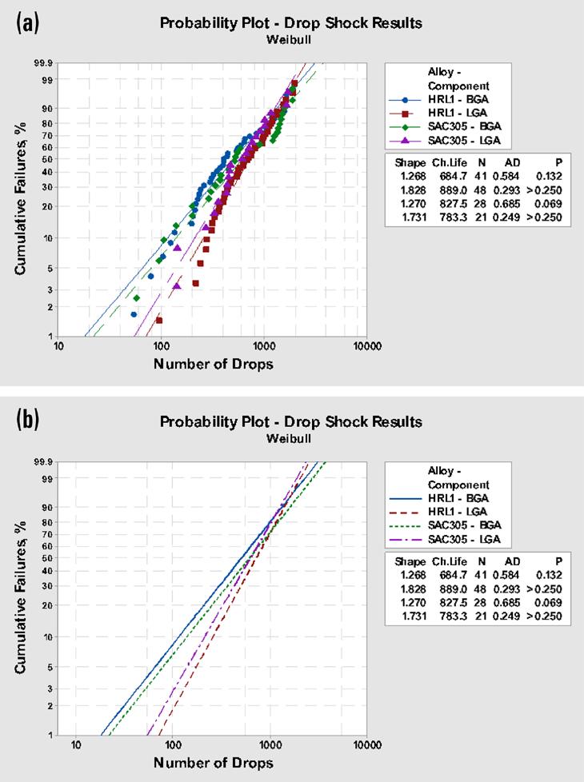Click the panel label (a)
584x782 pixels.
click(27, 23)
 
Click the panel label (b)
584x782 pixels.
click(27, 420)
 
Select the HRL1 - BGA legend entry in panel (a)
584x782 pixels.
click(438, 100)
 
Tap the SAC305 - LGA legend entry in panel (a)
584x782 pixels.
click(444, 141)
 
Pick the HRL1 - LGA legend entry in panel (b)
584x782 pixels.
click(438, 512)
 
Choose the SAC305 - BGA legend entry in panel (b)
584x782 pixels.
click(445, 525)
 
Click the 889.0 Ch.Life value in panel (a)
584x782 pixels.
click(454, 190)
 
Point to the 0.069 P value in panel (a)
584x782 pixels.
click(549, 203)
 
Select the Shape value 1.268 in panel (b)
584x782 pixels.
click(413, 575)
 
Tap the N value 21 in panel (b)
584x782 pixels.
click(481, 616)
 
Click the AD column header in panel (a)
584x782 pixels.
click(513, 162)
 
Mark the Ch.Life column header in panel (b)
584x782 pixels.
click(450, 561)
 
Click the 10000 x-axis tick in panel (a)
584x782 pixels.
click(367, 346)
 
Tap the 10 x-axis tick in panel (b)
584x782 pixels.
click(75, 745)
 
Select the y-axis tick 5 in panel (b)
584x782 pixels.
click(50, 667)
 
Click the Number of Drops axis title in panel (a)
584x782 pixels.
click(213, 364)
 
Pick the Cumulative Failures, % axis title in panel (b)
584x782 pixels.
click(21, 597)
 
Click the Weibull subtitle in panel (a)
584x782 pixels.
click(289, 39)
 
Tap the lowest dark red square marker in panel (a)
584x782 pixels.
click(159, 320)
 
